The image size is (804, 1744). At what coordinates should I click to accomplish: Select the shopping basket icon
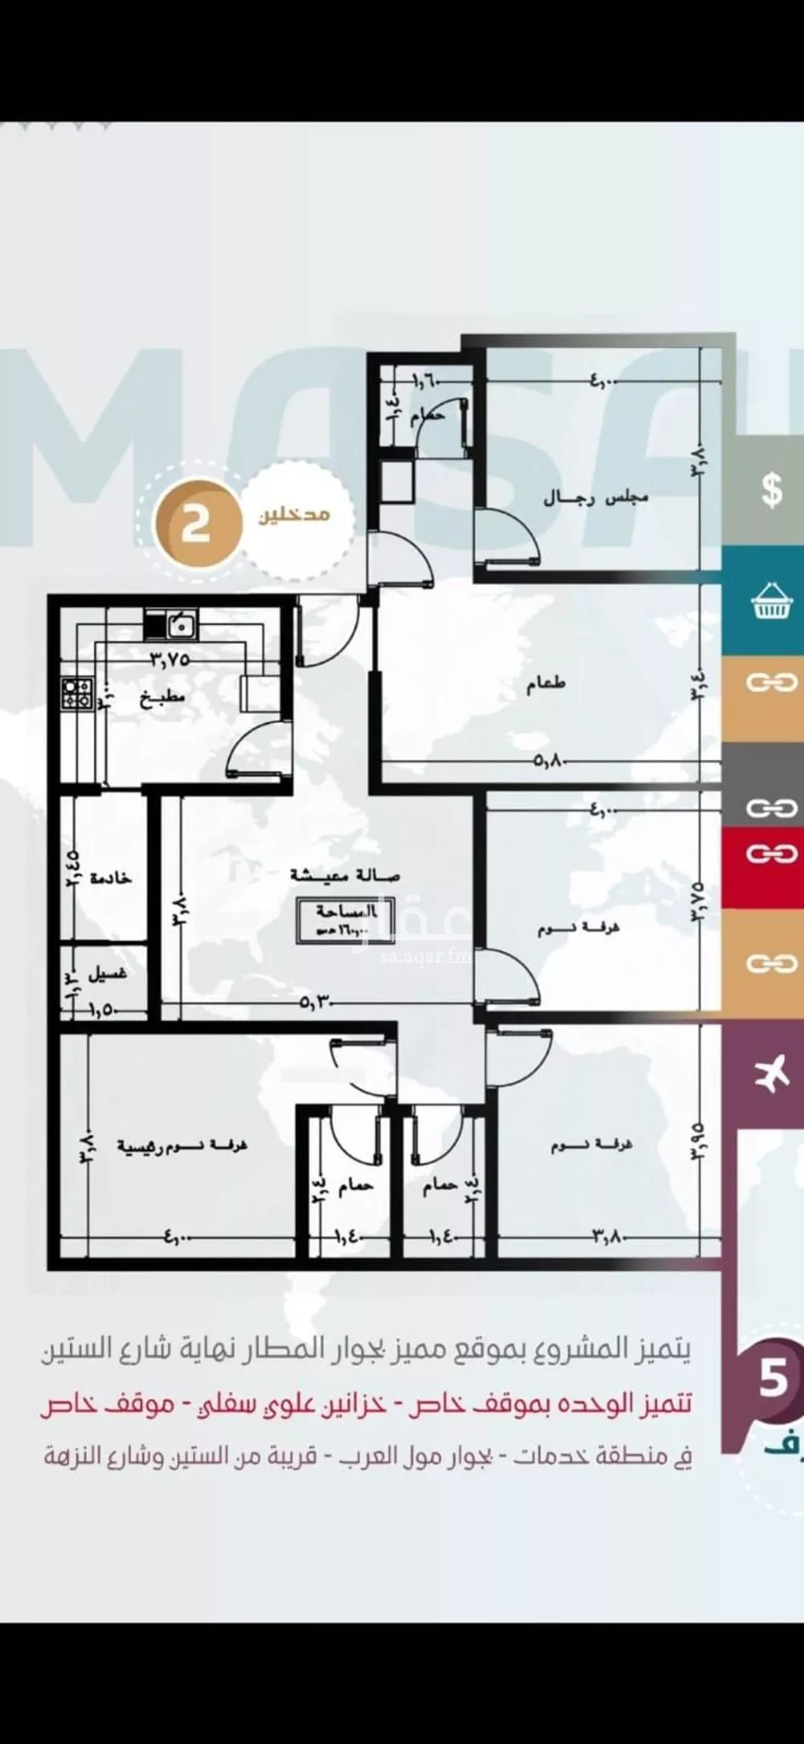(x=770, y=603)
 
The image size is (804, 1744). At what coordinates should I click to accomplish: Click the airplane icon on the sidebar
(x=770, y=1074)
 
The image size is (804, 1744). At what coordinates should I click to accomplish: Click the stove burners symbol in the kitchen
(x=77, y=693)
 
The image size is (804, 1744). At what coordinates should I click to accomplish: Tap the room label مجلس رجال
(x=596, y=499)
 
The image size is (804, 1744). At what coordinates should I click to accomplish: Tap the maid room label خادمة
(x=111, y=878)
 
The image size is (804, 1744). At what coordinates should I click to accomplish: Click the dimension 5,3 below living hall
(x=318, y=1002)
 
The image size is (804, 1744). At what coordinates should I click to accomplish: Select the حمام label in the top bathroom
(x=425, y=418)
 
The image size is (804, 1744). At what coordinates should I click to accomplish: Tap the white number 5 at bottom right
(x=773, y=1378)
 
